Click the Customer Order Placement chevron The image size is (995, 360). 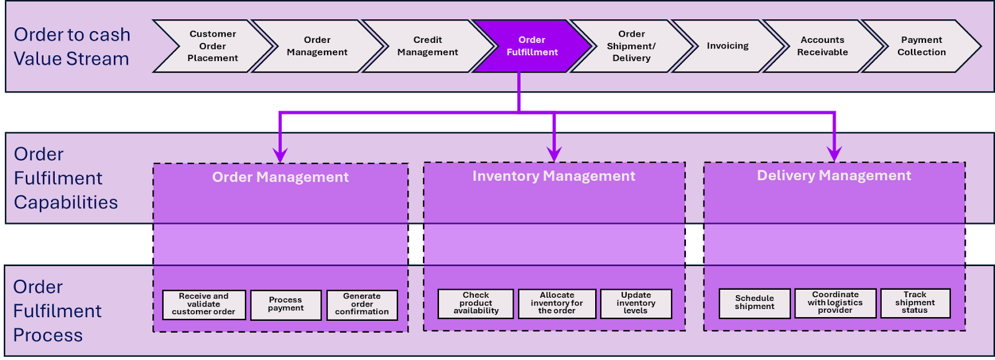(x=213, y=46)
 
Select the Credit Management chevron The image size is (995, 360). (x=428, y=46)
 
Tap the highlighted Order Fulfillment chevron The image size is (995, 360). (x=532, y=46)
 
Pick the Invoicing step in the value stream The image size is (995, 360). (x=728, y=46)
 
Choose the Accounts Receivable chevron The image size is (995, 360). (x=822, y=46)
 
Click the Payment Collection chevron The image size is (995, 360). (x=921, y=46)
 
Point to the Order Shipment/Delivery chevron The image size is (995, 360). (x=631, y=46)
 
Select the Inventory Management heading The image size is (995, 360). (x=553, y=176)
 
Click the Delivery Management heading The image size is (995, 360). (x=834, y=175)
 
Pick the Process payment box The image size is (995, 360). (x=286, y=305)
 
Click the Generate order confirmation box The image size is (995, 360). (x=362, y=305)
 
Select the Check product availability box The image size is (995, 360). (x=476, y=303)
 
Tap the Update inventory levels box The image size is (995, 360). (x=636, y=303)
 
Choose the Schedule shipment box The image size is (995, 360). (x=754, y=303)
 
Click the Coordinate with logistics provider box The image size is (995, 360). (x=835, y=303)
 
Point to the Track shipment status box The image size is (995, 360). (x=915, y=303)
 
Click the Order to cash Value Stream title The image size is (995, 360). (x=72, y=47)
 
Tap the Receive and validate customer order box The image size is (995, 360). (x=204, y=305)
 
